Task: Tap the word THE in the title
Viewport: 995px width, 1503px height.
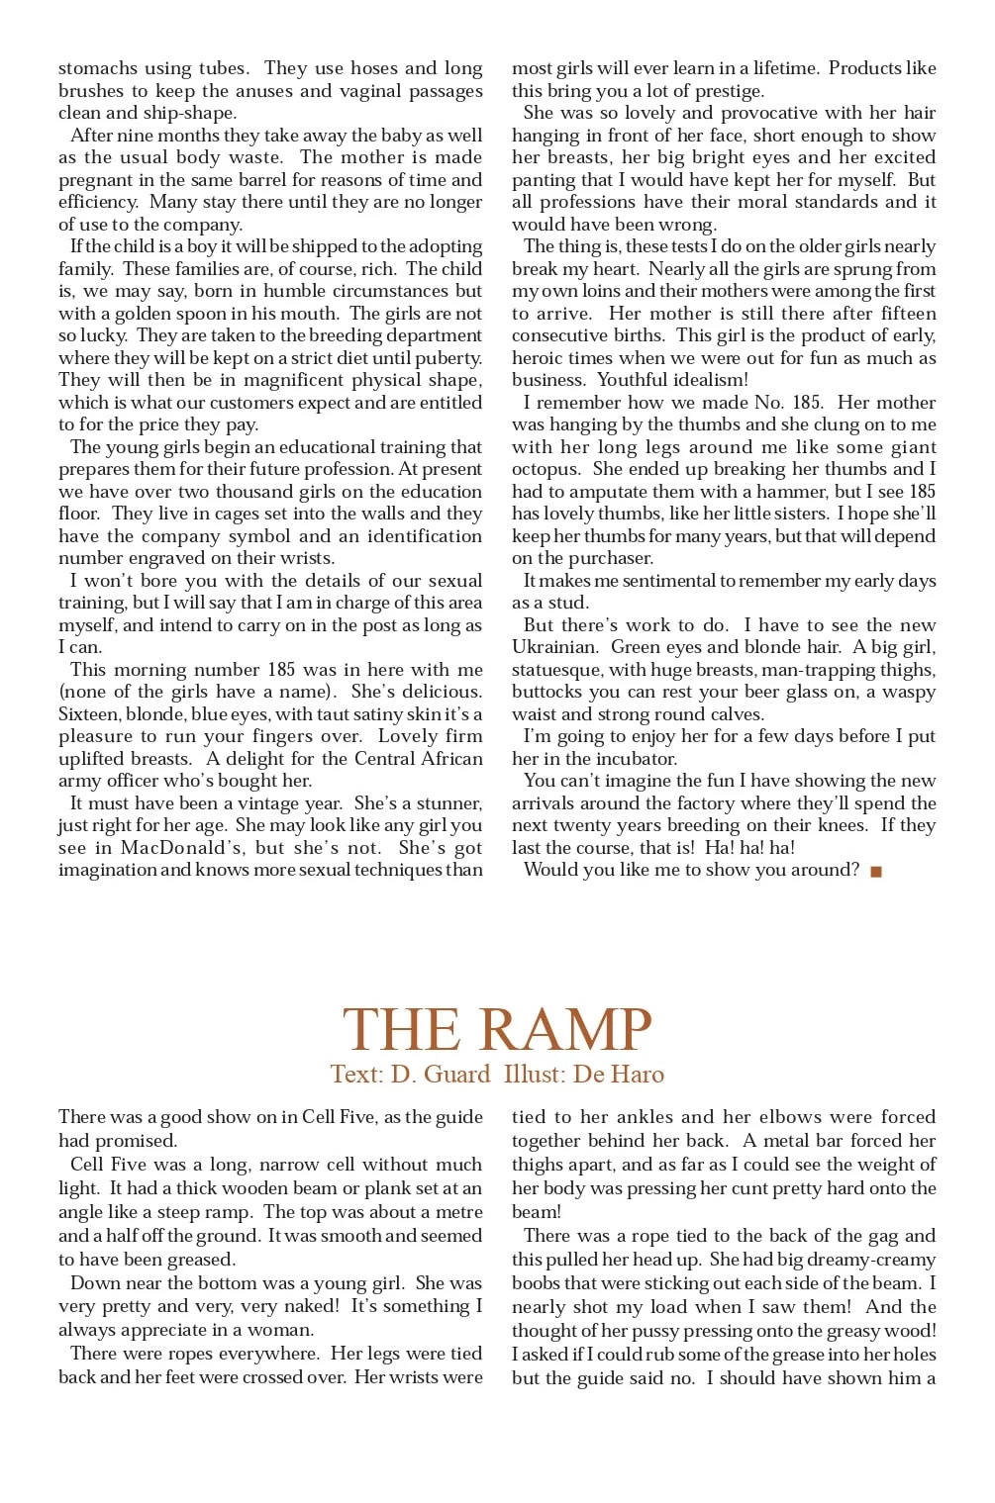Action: click(x=401, y=1030)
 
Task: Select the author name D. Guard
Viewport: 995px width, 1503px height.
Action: click(x=441, y=1075)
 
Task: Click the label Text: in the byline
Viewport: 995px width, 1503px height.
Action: click(x=357, y=1075)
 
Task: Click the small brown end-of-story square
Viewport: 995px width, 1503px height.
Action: click(x=875, y=872)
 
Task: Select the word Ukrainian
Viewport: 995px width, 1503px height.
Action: click(x=553, y=647)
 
